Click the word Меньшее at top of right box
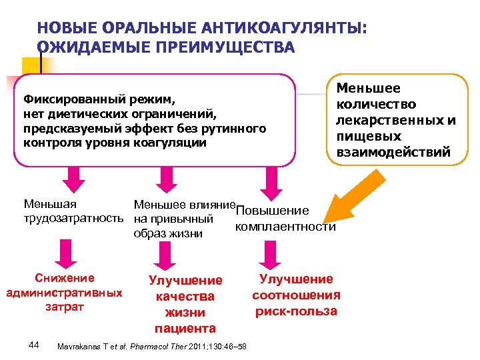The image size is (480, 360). click(x=368, y=88)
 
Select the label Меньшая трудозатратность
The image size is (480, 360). click(x=73, y=211)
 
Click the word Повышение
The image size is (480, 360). click(x=273, y=211)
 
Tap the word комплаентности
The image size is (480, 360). click(x=285, y=227)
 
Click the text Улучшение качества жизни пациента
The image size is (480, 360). click(x=185, y=304)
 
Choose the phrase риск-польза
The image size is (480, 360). click(x=296, y=311)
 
